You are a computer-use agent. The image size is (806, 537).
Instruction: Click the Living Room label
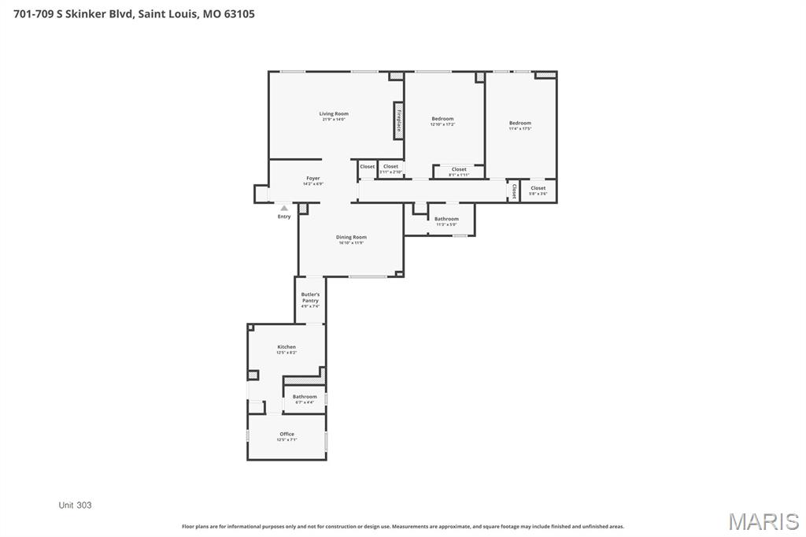coord(334,114)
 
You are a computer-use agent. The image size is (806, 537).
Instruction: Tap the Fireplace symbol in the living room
coord(399,121)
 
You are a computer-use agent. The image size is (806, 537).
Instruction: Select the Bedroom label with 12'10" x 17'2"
coord(442,119)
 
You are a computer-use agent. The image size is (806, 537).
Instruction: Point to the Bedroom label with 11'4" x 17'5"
coord(520,124)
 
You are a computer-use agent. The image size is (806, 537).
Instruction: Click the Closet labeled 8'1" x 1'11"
coord(459,170)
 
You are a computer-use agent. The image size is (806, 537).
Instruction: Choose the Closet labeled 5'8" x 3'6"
coord(538,189)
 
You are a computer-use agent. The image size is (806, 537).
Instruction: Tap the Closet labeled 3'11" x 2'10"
coord(391,167)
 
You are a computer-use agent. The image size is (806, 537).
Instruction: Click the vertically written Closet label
coord(513,191)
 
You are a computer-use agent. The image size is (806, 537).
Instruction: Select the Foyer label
coord(312,179)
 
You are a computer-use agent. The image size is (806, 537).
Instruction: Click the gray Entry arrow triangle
coord(284,208)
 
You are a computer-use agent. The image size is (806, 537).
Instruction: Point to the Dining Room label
coord(351,238)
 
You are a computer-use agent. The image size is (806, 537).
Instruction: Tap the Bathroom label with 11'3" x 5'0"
coord(446,220)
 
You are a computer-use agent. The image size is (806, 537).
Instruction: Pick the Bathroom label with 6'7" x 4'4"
coord(305,398)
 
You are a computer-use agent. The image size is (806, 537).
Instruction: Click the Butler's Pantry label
coord(310,298)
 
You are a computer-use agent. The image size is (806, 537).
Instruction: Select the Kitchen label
coord(287,347)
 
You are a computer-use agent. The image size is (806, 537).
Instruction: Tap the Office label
coord(287,435)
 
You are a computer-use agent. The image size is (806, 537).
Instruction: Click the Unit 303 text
coord(76,505)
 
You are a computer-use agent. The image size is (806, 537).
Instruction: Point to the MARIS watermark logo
coord(763,521)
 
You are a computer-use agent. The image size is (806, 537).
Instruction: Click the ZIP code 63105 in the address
coord(238,13)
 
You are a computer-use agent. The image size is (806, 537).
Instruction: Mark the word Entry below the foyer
coord(284,217)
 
